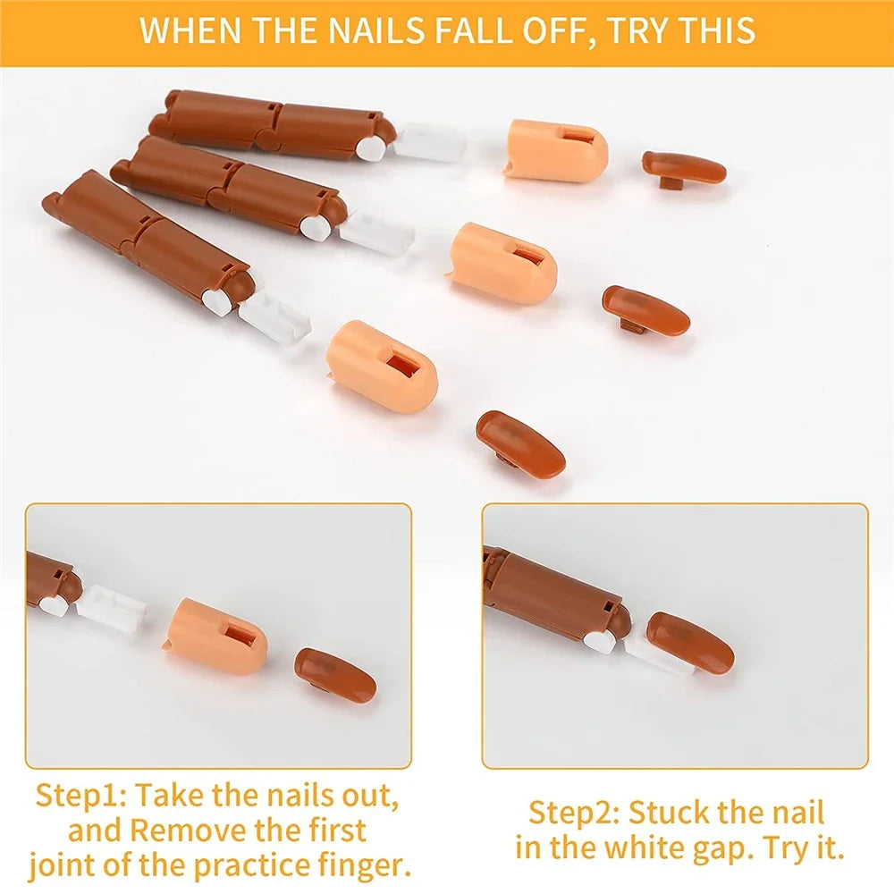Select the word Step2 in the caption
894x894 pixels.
574,813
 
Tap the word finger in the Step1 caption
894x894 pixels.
364,865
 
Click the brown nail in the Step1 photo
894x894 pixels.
335,674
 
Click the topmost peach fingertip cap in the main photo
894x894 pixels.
555,150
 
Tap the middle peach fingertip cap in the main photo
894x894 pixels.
501,263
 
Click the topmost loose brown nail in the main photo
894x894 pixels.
684,169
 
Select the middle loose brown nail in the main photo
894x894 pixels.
646,310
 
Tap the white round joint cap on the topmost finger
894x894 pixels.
368,148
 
